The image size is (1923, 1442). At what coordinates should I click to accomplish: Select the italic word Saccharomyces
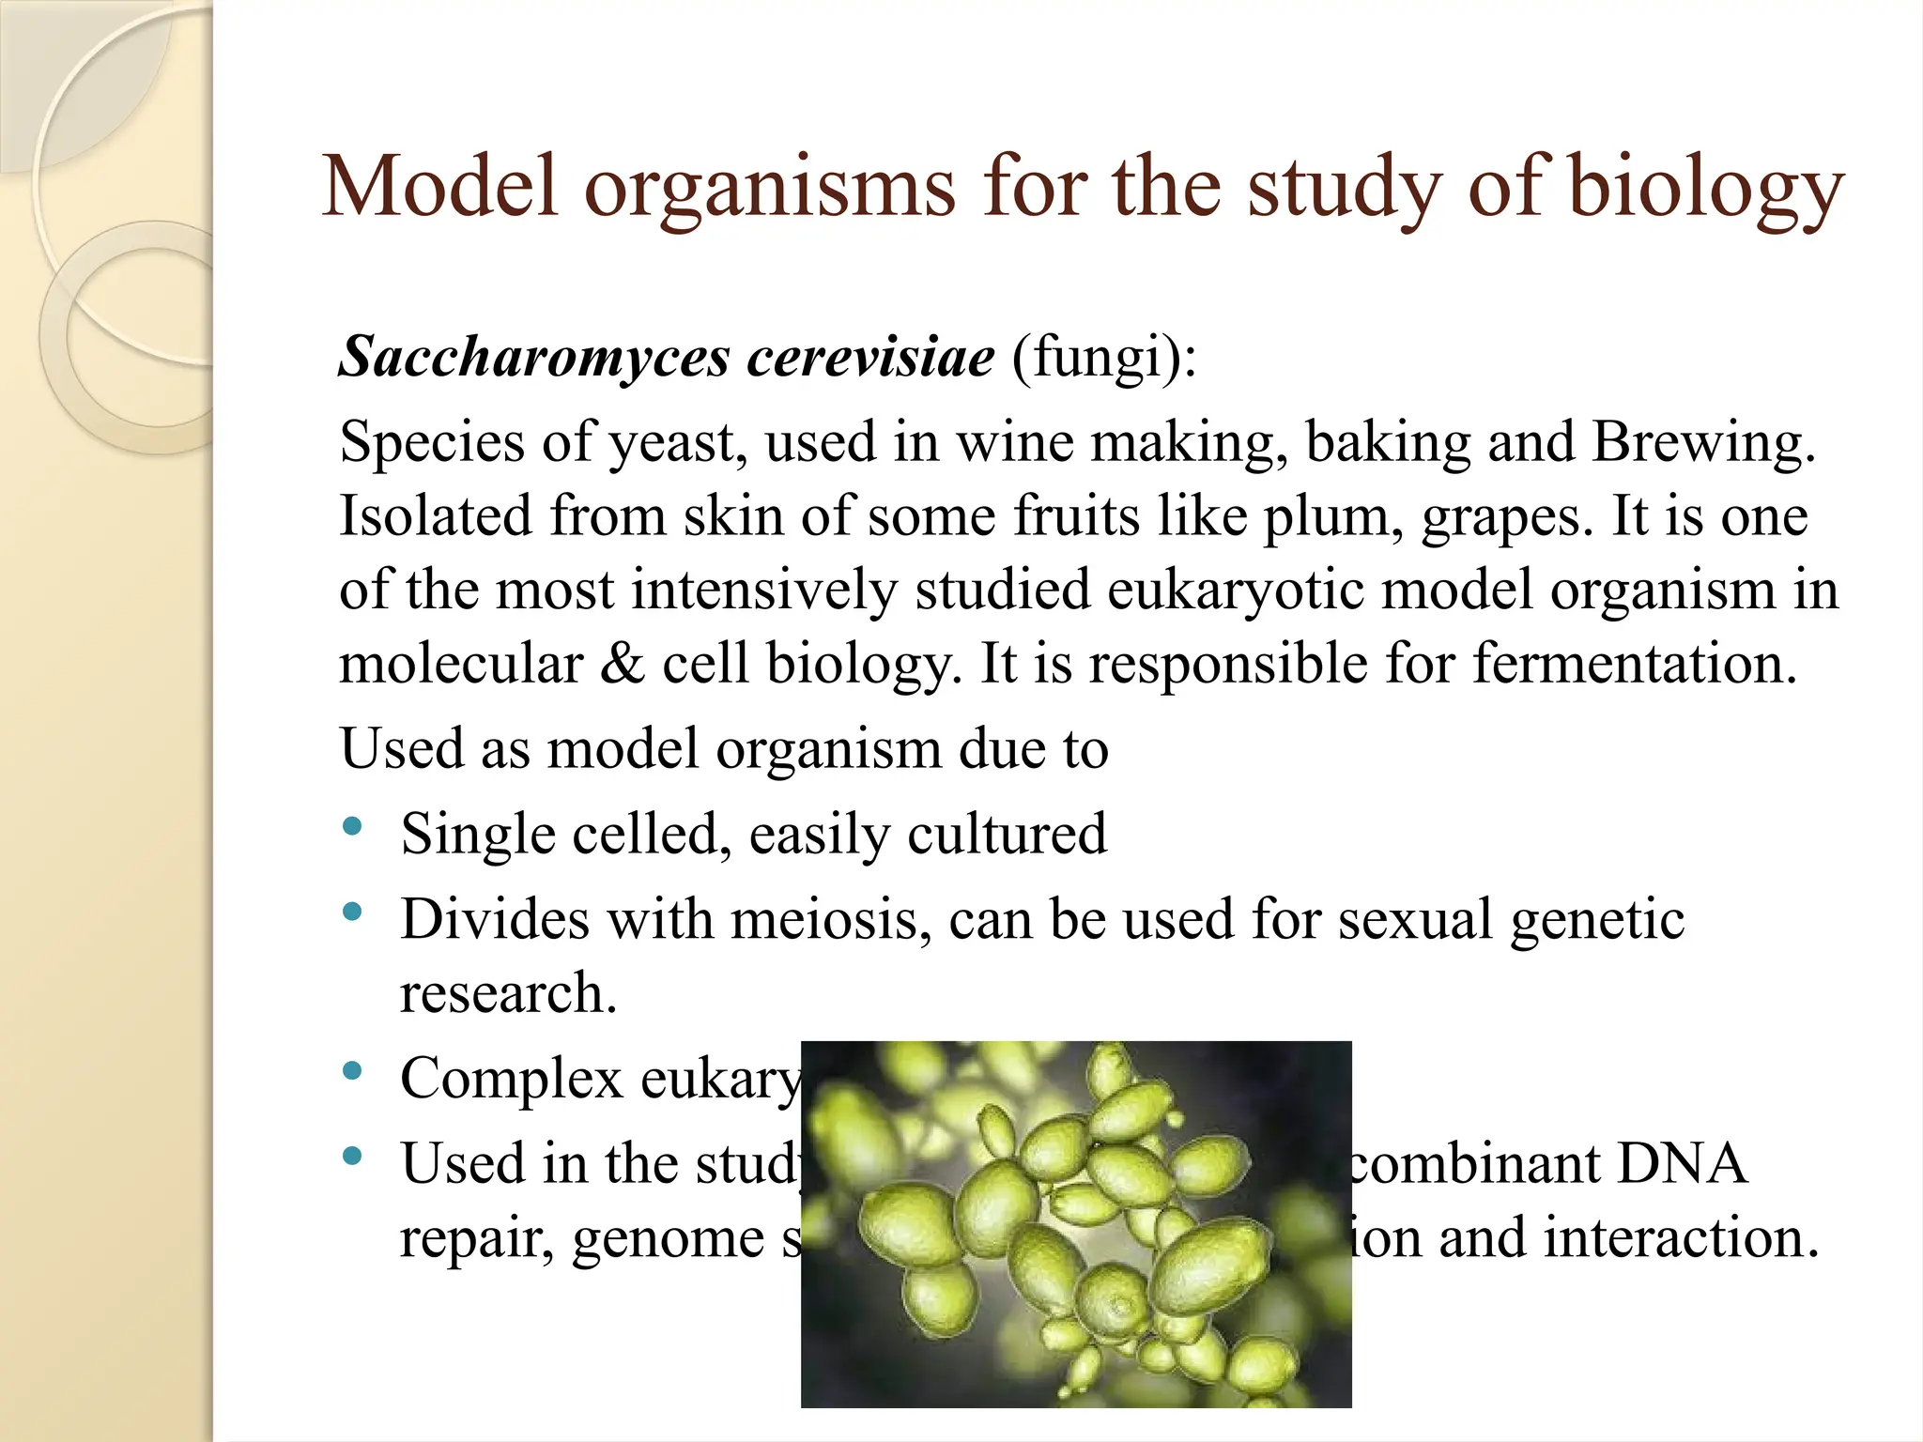(x=534, y=357)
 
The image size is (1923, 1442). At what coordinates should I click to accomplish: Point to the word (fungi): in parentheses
(x=1104, y=359)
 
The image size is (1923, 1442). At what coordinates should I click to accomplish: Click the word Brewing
(x=1703, y=441)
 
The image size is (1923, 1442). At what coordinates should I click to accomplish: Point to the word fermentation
(x=1634, y=663)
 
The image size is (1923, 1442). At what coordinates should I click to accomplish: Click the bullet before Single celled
(x=353, y=826)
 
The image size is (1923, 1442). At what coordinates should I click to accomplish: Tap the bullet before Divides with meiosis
(x=353, y=912)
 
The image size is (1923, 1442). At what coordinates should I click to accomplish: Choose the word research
(x=508, y=993)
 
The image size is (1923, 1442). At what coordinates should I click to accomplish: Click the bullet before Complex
(x=353, y=1071)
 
